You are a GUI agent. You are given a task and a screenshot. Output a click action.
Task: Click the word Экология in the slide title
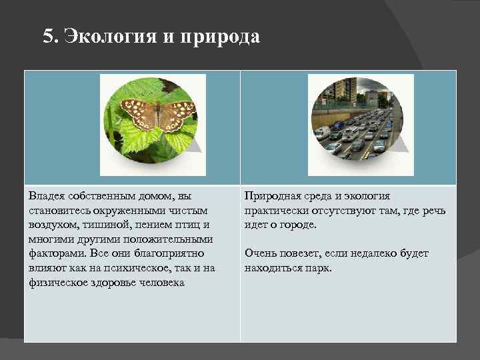[109, 37]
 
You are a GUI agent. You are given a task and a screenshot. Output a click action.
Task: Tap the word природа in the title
[220, 37]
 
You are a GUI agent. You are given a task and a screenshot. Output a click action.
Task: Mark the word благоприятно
[166, 254]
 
